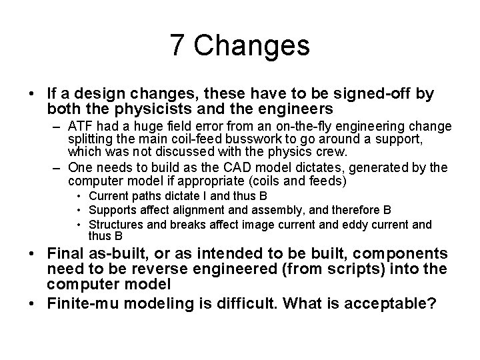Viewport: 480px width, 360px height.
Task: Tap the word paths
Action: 143,196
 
